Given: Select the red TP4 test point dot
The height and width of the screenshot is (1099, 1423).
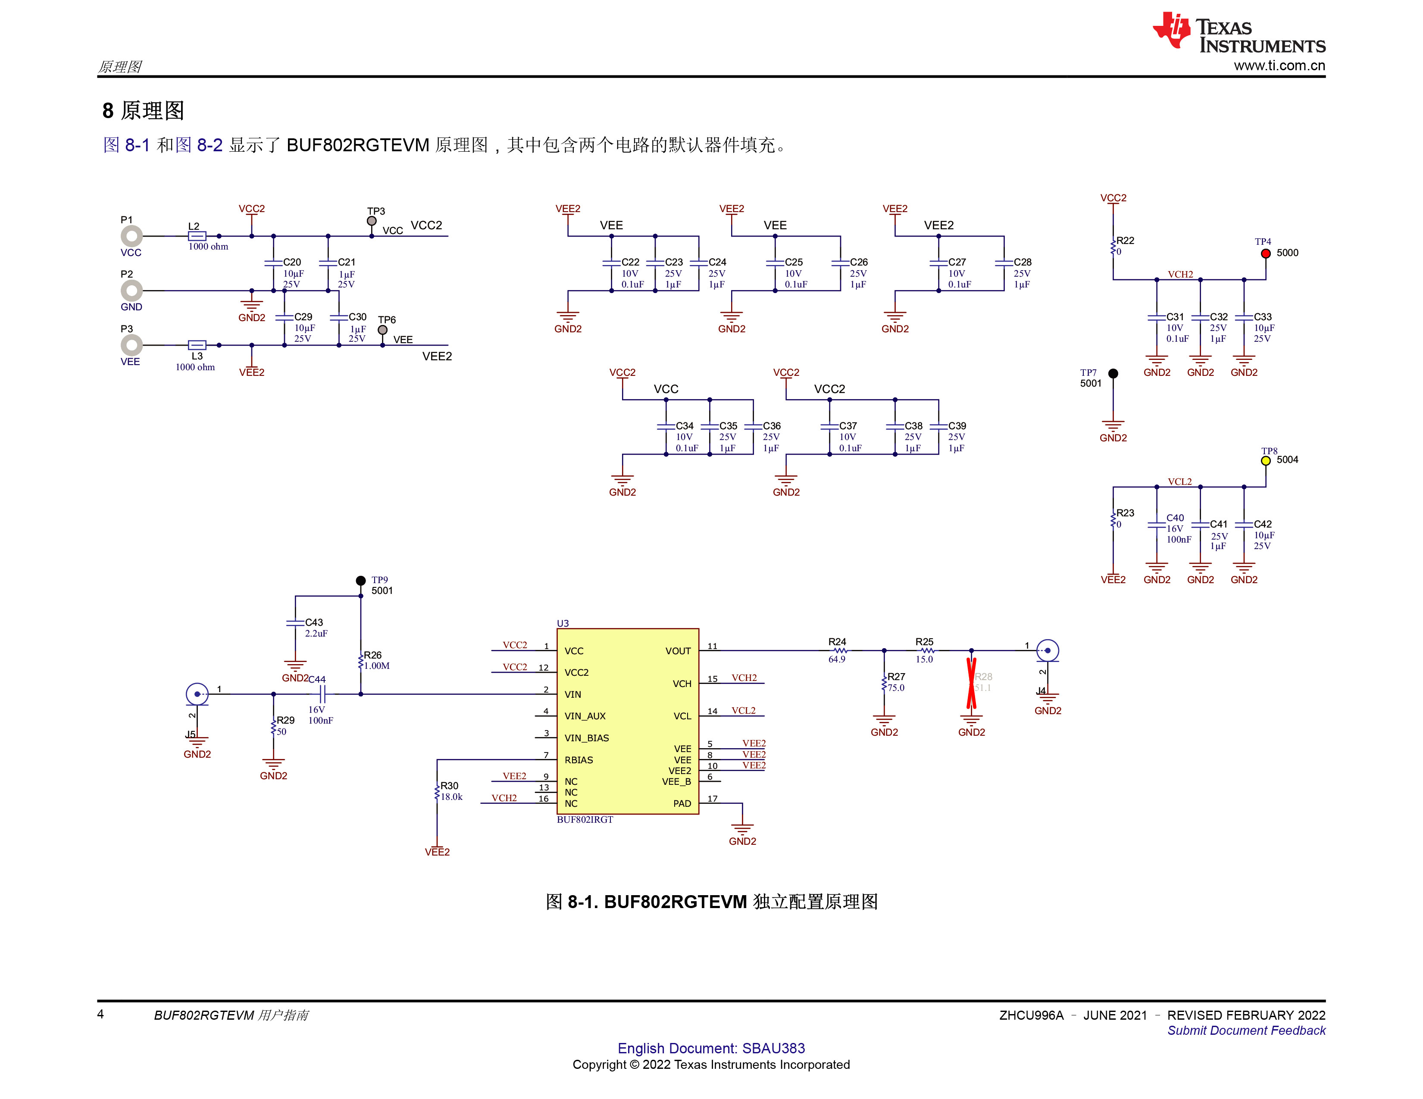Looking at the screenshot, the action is [1265, 253].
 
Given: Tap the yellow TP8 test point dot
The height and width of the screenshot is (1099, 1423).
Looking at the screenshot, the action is [1265, 461].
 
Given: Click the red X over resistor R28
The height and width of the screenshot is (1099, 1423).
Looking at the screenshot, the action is [971, 682].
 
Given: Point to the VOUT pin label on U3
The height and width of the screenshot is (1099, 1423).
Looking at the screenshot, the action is [678, 651].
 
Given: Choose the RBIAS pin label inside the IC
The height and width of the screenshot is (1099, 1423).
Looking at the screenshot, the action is [579, 759].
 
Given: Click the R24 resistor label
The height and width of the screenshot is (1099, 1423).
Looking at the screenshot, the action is [837, 642].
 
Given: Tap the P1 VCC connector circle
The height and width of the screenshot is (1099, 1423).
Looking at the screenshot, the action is [131, 236].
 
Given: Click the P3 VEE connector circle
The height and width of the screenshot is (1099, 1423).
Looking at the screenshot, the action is [131, 345].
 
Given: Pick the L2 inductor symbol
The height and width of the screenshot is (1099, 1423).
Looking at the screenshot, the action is [197, 236].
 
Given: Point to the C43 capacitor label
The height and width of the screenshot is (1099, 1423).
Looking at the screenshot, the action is [314, 622].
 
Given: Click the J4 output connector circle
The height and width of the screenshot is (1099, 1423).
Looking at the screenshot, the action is [1047, 650].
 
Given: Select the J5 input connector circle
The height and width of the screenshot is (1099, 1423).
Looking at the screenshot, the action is [197, 694].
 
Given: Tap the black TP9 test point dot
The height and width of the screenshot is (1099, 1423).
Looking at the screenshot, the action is [360, 581].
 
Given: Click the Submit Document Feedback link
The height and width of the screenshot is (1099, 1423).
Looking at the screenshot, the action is [1246, 1030].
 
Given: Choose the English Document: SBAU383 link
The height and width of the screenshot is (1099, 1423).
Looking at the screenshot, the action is [711, 1048].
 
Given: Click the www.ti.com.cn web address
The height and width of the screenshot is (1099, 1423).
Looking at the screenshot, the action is [1279, 65].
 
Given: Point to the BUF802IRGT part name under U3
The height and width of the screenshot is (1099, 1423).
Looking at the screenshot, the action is [585, 820].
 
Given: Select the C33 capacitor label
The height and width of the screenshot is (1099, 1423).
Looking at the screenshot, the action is [1263, 317].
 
